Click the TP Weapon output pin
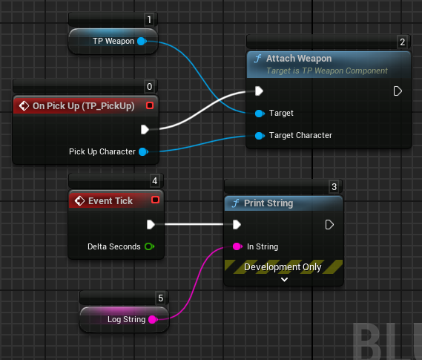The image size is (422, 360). [x=142, y=42]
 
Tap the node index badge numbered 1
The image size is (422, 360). [x=149, y=19]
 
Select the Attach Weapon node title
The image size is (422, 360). [x=299, y=59]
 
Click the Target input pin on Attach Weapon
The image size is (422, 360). [x=260, y=114]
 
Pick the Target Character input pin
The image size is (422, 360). [x=260, y=135]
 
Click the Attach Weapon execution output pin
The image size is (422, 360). [x=398, y=91]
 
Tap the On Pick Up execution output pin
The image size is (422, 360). [x=145, y=129]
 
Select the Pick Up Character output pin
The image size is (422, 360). [x=143, y=152]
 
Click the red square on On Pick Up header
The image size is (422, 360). [x=150, y=105]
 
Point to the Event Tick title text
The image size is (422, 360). [x=111, y=201]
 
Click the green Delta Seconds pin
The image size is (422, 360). [x=149, y=246]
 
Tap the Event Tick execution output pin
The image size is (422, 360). [x=151, y=224]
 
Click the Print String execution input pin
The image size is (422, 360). [x=237, y=224]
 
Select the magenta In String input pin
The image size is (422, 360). [x=237, y=246]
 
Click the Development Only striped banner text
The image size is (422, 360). [x=283, y=267]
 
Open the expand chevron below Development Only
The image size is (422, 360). [x=284, y=280]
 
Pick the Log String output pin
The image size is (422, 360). [x=153, y=319]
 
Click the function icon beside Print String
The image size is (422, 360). [x=236, y=203]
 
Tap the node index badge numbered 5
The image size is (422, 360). [x=161, y=298]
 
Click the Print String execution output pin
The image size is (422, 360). [x=329, y=225]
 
